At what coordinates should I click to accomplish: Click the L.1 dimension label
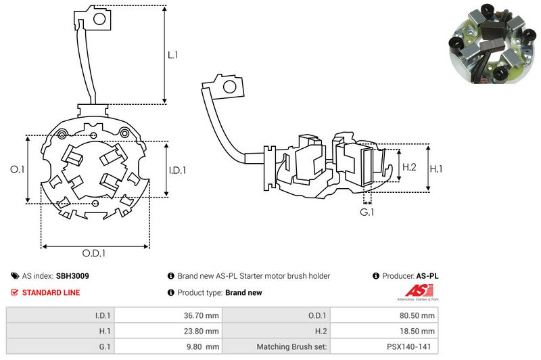coord(172,55)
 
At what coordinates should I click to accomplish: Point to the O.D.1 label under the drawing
coord(94,254)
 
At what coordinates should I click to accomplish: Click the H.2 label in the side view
coord(408,166)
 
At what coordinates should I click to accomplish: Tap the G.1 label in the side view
coord(367,212)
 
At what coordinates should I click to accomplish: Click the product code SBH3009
coord(72,276)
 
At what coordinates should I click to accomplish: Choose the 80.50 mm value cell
coord(417,315)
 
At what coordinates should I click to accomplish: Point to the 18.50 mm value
coord(417,331)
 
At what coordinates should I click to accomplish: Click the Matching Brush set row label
coord(292,347)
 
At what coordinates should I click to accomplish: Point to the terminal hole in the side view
coord(230,87)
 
